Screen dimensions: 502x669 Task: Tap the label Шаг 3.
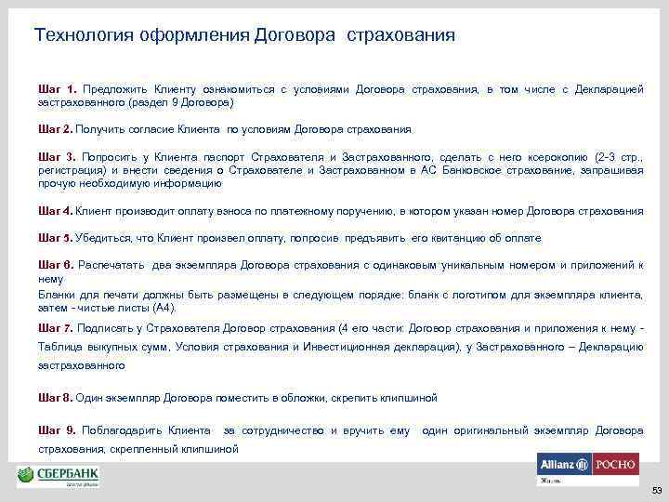click(55, 159)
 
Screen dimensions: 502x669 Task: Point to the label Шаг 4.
click(55, 211)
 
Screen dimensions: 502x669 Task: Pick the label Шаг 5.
click(55, 239)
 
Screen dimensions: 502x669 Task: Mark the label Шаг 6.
click(55, 266)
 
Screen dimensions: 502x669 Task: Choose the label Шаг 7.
click(55, 328)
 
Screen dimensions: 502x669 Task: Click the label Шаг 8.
click(55, 398)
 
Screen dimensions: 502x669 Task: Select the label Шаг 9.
click(55, 431)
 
